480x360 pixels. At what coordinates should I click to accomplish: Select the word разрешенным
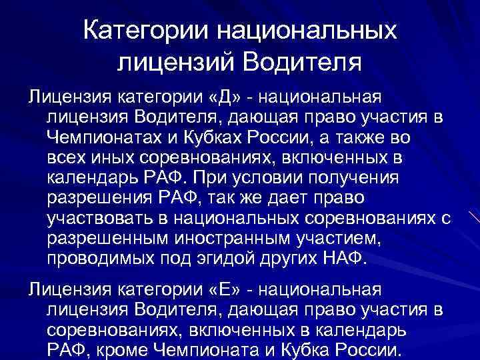[x=111, y=239]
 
